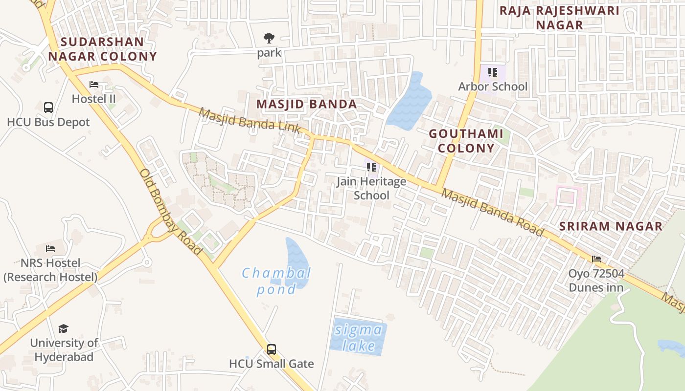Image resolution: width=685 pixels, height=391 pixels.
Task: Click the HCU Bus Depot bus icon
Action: coord(48,108)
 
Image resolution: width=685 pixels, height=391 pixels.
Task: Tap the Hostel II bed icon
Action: coord(94,85)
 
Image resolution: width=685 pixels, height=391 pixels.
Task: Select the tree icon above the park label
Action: coord(269,38)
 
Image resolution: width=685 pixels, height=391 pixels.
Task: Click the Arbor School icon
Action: coord(493,72)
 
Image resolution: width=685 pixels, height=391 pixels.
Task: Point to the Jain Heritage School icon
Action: coord(371,167)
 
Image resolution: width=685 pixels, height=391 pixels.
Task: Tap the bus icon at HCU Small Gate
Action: coord(272,349)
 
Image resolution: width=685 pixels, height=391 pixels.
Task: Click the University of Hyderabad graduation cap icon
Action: coord(64,328)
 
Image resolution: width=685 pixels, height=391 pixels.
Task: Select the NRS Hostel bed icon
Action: coord(50,249)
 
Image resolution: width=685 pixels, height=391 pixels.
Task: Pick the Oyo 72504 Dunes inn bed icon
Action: coord(596,259)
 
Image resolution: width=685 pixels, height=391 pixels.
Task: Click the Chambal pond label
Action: coord(276,281)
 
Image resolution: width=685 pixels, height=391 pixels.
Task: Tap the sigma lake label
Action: coord(359,338)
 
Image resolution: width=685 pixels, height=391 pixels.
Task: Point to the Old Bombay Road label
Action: coord(170,212)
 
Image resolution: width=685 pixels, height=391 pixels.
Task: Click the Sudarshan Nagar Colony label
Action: coord(103,49)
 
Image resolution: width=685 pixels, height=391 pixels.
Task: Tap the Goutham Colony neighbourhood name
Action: coord(466,141)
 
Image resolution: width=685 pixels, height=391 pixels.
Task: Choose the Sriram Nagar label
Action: coord(611,226)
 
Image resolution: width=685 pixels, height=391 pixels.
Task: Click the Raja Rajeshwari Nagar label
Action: coord(559,18)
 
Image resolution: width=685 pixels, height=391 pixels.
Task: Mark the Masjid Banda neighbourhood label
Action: coord(307,104)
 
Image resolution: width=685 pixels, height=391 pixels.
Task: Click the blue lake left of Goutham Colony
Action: coord(410,102)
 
